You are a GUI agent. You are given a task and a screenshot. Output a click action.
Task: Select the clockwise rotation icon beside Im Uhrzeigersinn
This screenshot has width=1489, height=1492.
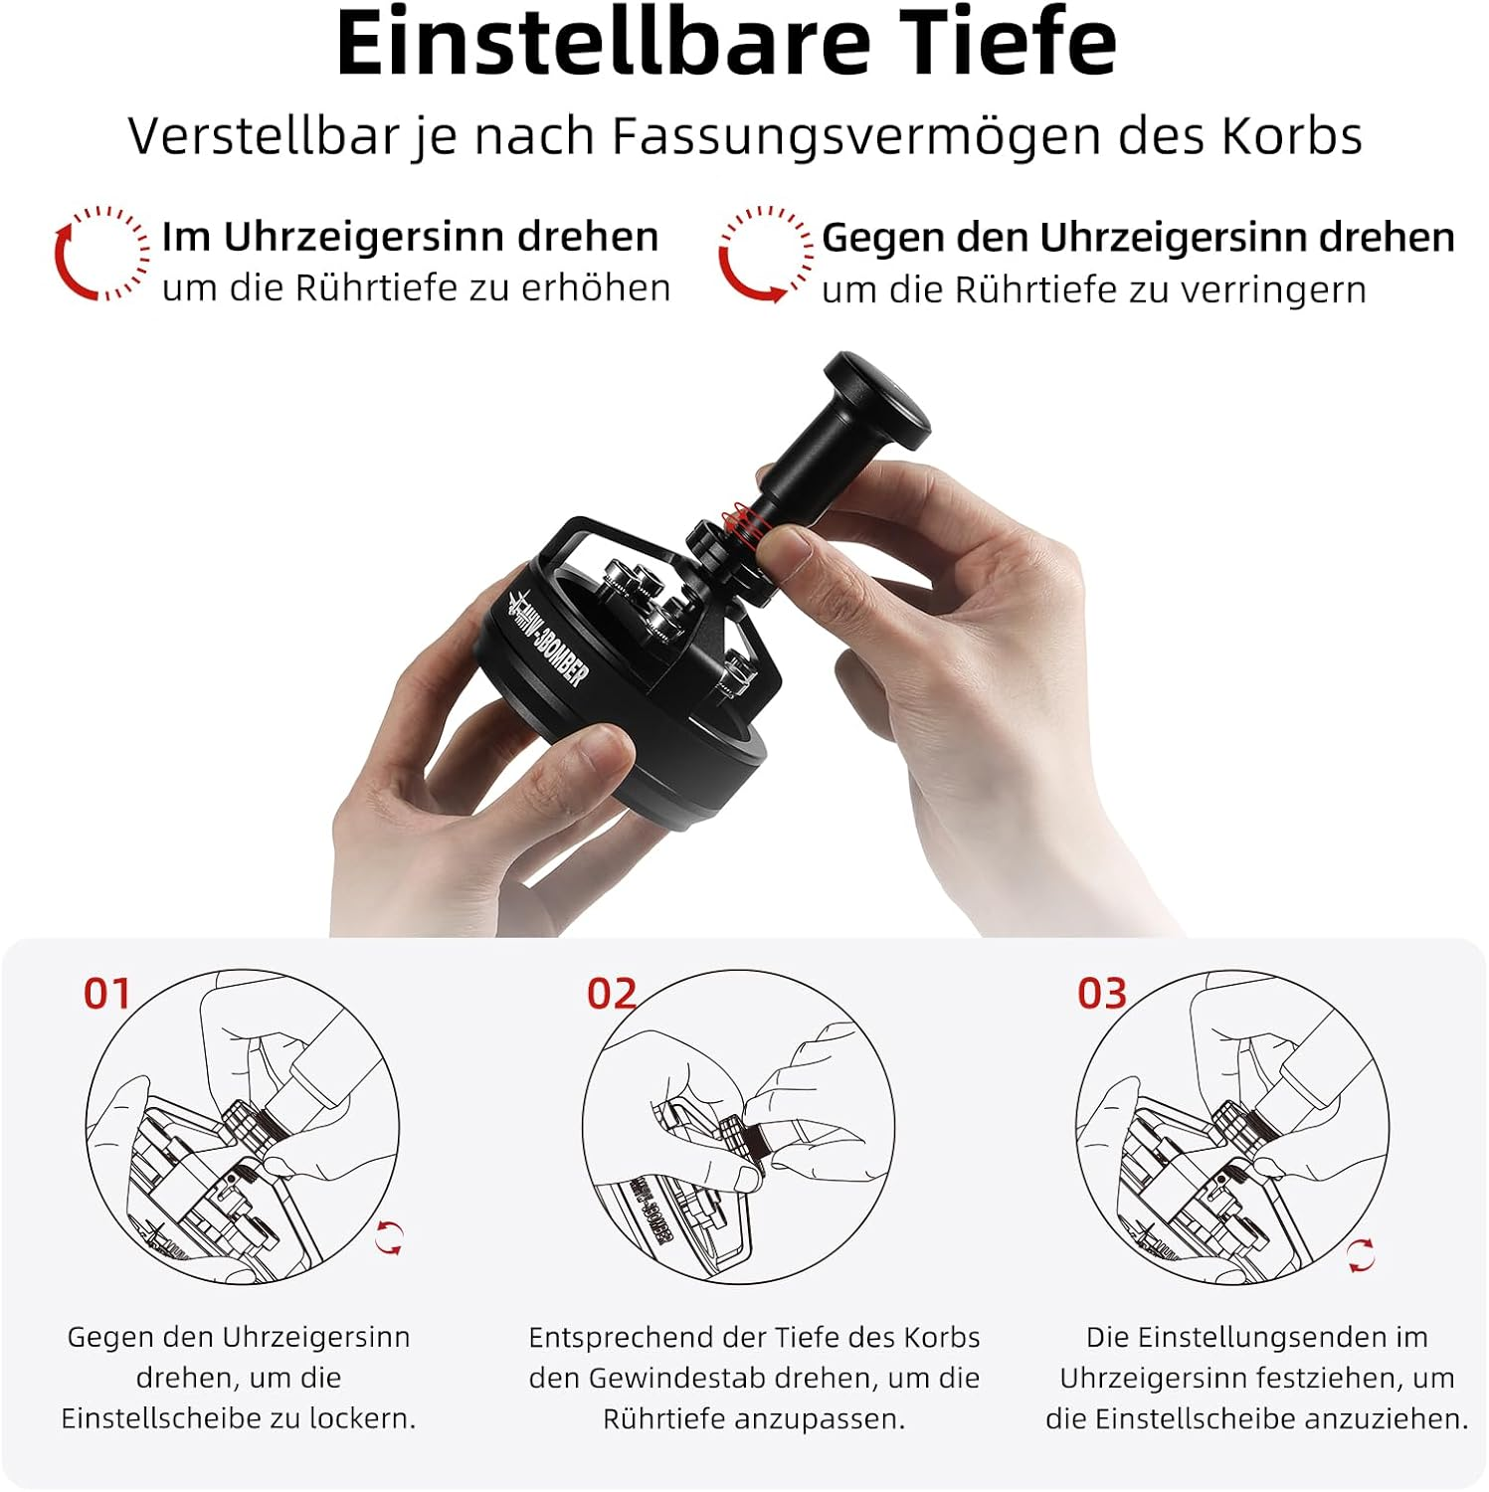pyautogui.click(x=101, y=253)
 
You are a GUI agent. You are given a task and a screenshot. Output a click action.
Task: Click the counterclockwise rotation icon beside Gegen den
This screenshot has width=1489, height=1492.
pyautogui.click(x=766, y=255)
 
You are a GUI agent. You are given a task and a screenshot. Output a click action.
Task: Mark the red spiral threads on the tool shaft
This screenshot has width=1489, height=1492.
pyautogui.click(x=742, y=527)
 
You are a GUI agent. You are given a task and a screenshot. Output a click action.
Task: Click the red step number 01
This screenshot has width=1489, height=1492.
pyautogui.click(x=107, y=994)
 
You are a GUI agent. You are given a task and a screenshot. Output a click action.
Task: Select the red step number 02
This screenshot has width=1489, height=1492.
pyautogui.click(x=611, y=994)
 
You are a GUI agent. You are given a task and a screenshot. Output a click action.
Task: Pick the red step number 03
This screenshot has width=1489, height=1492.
pyautogui.click(x=1102, y=994)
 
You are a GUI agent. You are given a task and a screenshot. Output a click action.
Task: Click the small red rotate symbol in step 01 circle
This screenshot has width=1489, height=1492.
pyautogui.click(x=389, y=1238)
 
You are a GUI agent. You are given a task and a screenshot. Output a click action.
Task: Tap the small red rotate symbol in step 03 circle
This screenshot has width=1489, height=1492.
pyautogui.click(x=1361, y=1254)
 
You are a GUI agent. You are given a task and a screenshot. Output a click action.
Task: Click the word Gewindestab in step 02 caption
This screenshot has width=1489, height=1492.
pyautogui.click(x=676, y=1378)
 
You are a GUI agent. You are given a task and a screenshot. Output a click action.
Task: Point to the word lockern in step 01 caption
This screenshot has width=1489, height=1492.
pyautogui.click(x=362, y=1418)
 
